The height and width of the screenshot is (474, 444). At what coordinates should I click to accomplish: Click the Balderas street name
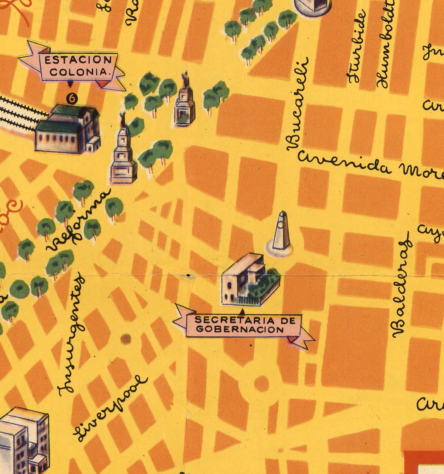[402, 285]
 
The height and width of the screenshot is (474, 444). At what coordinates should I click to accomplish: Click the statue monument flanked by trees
[184, 105]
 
